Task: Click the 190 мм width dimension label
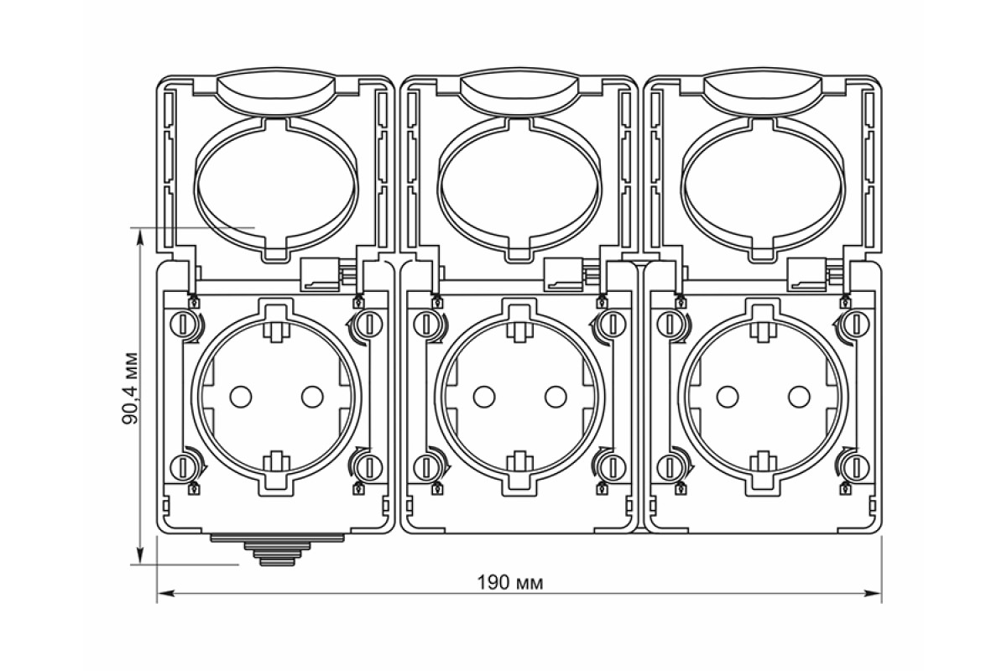(510, 583)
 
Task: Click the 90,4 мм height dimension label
(131, 389)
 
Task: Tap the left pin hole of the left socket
(241, 397)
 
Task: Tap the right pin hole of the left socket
(312, 397)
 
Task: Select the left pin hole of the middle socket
(484, 397)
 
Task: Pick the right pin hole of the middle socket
(556, 397)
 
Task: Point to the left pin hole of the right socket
(728, 397)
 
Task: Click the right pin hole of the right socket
(799, 397)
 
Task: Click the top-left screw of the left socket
(183, 324)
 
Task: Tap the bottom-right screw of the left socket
(369, 467)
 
